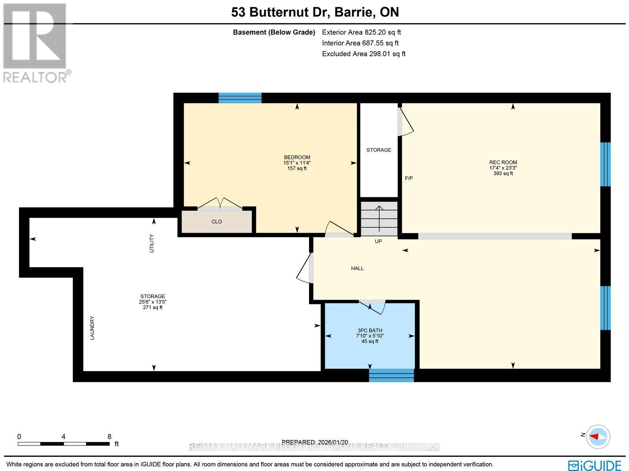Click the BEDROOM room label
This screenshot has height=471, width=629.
(x=297, y=157)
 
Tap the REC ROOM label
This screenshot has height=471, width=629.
(x=503, y=162)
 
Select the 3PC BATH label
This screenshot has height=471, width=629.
(x=370, y=331)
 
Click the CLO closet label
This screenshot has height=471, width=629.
(x=217, y=222)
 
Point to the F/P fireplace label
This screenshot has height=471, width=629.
(x=409, y=178)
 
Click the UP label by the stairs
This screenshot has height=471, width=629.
(x=378, y=241)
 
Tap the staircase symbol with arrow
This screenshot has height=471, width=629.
(x=379, y=219)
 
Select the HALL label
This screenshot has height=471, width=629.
(x=357, y=269)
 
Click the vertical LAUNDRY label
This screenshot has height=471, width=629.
(x=92, y=327)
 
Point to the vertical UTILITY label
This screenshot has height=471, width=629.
(x=152, y=243)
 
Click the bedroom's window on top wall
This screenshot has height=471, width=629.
(x=240, y=98)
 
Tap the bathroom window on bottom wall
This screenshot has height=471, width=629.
(x=391, y=375)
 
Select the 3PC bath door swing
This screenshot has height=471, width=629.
(x=372, y=307)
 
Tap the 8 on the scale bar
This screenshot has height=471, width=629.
(x=109, y=436)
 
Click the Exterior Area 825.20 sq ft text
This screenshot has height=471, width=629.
(x=361, y=33)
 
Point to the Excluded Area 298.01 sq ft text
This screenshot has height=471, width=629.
(x=364, y=54)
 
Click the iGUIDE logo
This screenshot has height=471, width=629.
(x=595, y=465)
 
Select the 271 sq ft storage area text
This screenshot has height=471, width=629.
(x=153, y=307)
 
